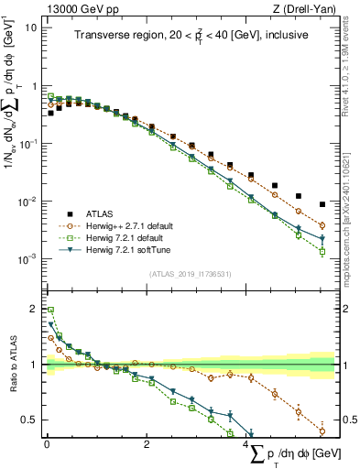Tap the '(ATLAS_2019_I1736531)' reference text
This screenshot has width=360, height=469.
pos(189,273)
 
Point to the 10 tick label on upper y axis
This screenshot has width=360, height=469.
pos(29,28)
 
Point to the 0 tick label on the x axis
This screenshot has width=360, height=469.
pos(47,444)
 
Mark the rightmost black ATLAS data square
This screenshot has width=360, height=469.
pos(322,204)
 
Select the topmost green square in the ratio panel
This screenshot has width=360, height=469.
pos(50,310)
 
